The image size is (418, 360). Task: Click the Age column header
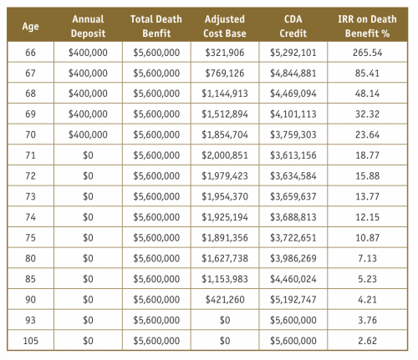click(30, 27)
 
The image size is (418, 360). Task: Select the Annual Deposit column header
click(88, 26)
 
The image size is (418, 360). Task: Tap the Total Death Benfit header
click(156, 26)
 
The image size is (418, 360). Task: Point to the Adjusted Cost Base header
click(225, 26)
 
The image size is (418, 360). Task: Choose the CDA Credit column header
click(293, 26)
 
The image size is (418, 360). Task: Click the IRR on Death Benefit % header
click(367, 26)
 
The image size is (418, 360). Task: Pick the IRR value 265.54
click(367, 53)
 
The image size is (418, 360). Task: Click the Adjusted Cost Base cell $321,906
click(225, 53)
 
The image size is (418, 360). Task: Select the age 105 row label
click(30, 341)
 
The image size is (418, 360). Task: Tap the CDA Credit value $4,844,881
click(293, 73)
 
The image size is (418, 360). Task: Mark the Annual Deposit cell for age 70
click(88, 134)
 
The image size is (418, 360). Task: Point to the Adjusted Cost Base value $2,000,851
click(225, 155)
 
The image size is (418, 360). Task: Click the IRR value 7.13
click(367, 258)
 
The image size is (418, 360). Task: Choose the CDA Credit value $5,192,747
click(293, 300)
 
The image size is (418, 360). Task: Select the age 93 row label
click(30, 320)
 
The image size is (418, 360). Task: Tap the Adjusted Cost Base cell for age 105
click(225, 341)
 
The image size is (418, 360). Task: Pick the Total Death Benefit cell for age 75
click(156, 238)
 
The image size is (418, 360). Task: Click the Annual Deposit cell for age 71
click(88, 155)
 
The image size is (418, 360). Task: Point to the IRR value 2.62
click(367, 341)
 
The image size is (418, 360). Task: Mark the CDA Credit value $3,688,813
click(293, 217)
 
